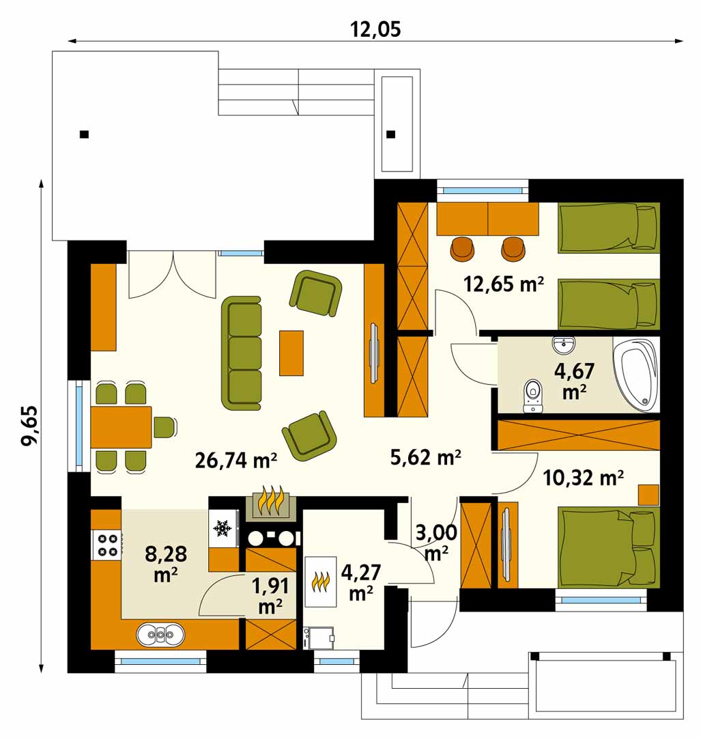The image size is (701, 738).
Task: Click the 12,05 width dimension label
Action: click(x=375, y=29)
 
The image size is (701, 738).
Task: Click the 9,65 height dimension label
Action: click(x=29, y=425)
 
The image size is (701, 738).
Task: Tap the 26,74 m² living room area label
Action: click(x=235, y=460)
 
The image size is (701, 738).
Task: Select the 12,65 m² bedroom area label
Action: click(x=504, y=284)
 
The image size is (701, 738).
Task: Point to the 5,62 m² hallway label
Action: click(x=425, y=457)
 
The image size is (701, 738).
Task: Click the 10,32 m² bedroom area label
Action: click(x=583, y=478)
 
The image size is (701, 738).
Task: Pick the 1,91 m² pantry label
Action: click(x=270, y=596)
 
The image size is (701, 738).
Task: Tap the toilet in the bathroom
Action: click(x=532, y=396)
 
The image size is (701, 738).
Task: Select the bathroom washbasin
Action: click(x=563, y=345)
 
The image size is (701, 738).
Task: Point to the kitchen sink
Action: click(x=160, y=634)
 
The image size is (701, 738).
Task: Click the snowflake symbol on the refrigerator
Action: click(x=222, y=528)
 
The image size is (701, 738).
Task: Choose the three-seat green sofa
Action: click(x=241, y=353)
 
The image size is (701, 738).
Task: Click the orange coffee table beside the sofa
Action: click(x=291, y=353)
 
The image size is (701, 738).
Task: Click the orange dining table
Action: click(x=121, y=427)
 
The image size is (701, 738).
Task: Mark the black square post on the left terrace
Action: click(x=84, y=134)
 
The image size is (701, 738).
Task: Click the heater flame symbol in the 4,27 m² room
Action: click(x=321, y=582)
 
